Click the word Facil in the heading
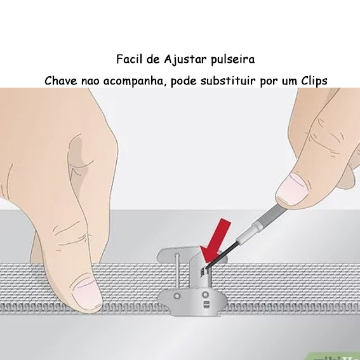[x=128, y=59]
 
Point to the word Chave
[x=61, y=81]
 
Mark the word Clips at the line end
[x=314, y=81]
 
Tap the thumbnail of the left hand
[x=87, y=291]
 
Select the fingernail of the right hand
[x=292, y=189]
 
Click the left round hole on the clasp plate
[x=177, y=296]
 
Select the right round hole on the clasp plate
[x=205, y=295]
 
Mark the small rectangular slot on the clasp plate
[x=206, y=304]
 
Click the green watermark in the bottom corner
[x=333, y=355]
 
